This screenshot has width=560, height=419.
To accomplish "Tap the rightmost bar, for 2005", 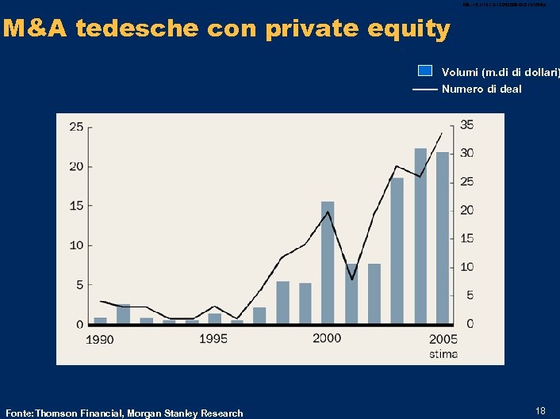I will click(x=443, y=238).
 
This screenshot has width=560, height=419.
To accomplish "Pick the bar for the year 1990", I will click(x=101, y=321).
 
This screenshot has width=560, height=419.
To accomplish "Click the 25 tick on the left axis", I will click(x=77, y=127).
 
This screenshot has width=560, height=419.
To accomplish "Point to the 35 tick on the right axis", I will click(x=467, y=125).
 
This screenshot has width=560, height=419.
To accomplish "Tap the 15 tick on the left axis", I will click(x=77, y=206).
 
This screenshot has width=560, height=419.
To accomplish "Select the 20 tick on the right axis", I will click(x=467, y=210).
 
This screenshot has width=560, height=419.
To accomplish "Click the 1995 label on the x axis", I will click(x=213, y=339).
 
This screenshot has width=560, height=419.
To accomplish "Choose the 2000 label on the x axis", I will click(x=327, y=338).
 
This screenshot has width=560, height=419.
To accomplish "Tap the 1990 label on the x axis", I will click(x=100, y=340).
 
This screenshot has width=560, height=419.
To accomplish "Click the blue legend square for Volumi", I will click(x=425, y=70).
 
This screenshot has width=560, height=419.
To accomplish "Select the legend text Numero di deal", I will click(x=481, y=89).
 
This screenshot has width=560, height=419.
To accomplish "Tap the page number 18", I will click(x=540, y=410).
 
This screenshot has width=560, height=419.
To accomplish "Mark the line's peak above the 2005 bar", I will click(x=442, y=132).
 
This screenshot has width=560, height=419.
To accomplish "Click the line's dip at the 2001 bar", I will click(x=351, y=280).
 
